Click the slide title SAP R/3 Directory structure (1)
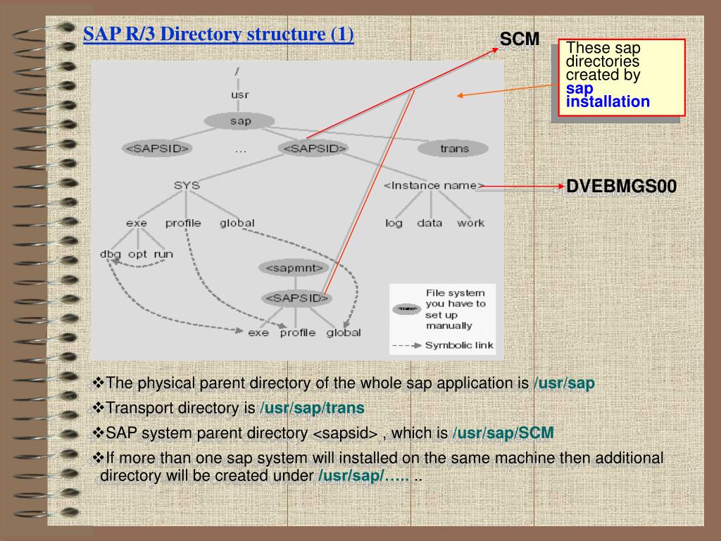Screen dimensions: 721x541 (218, 34)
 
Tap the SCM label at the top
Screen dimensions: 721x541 (520, 40)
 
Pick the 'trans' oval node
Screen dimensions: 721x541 (453, 149)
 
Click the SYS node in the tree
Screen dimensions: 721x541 (187, 185)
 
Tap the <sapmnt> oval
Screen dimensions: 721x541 (294, 268)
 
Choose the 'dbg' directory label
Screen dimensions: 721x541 (111, 254)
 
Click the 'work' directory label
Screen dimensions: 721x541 (470, 223)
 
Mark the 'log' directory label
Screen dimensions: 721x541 (394, 223)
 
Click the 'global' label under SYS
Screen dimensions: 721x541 (237, 223)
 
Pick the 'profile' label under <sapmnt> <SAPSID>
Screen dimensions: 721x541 (297, 332)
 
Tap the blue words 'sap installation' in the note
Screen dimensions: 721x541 (608, 95)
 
